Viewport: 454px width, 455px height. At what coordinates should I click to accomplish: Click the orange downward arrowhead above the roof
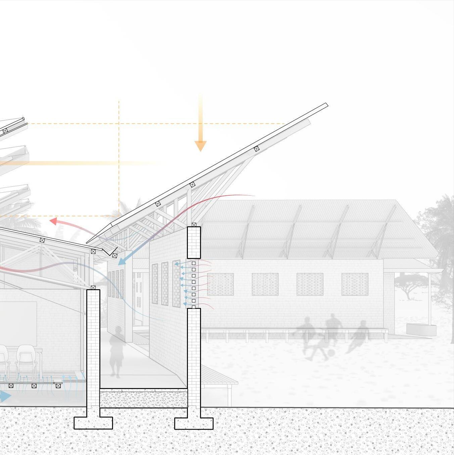pos(200,146)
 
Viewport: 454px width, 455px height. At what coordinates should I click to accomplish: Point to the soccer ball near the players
pos(331,353)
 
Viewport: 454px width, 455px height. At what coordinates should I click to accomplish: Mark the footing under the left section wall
pos(93,422)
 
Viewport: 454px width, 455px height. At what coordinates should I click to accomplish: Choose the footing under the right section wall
pos(194,423)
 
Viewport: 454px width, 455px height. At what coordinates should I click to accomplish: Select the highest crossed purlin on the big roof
pos(257,148)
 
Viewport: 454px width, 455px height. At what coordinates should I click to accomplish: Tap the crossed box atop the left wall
pos(93,287)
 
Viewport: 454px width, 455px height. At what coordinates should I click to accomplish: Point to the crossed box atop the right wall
pos(194,225)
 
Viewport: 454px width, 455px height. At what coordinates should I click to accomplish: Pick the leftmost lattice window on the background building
pos(220,284)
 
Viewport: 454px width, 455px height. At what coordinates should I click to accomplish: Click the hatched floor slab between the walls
pos(144,399)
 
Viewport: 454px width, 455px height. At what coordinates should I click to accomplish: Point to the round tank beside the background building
pos(421,329)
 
